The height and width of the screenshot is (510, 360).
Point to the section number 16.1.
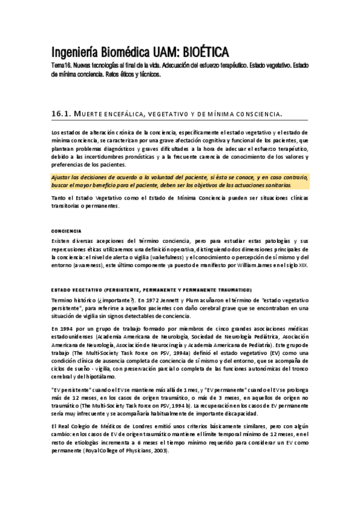click(x=61, y=114)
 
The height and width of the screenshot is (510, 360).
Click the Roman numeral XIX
click(x=303, y=265)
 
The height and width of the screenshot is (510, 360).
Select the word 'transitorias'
click(x=66, y=207)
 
